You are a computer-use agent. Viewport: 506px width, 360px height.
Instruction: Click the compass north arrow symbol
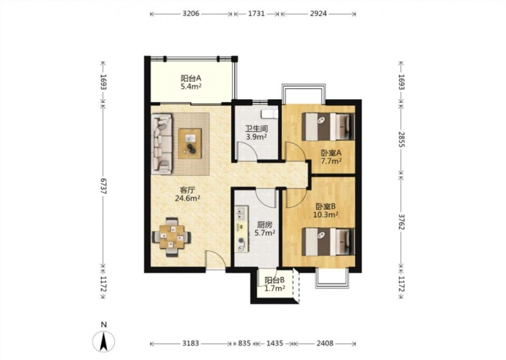click(103, 342)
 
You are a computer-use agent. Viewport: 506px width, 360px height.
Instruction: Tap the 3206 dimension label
click(191, 14)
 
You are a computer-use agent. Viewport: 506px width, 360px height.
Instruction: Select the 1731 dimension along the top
click(257, 14)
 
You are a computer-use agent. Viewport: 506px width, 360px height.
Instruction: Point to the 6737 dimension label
click(103, 186)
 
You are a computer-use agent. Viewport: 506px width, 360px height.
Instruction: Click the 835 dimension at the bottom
click(244, 343)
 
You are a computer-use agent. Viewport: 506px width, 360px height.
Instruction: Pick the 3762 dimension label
click(401, 221)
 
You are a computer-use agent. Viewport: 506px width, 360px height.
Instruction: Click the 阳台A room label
click(191, 78)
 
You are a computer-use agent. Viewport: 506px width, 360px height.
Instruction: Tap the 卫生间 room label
click(257, 129)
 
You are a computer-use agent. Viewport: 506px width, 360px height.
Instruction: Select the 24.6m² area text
click(188, 198)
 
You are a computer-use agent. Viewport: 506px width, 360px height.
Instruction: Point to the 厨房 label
click(265, 224)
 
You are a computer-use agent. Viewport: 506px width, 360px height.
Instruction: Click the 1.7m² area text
click(275, 288)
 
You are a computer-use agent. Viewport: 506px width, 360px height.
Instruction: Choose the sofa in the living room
click(161, 144)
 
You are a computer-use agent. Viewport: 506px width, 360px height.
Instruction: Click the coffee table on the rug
click(190, 143)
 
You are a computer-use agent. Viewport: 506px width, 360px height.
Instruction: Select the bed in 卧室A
click(328, 126)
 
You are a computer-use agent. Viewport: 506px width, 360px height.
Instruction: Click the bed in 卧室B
click(328, 242)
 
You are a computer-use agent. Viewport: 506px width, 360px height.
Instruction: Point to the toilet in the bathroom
click(270, 114)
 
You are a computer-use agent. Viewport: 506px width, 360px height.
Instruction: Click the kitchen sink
click(241, 213)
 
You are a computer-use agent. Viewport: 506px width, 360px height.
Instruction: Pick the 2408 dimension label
click(325, 343)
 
